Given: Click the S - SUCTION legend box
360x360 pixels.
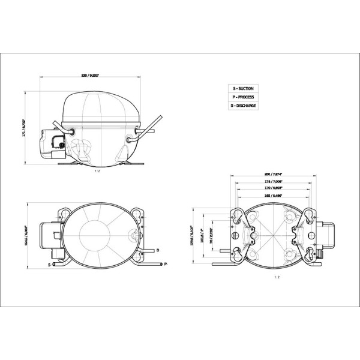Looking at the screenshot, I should [x=243, y=88].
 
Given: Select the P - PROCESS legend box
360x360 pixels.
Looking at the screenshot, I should [x=243, y=97].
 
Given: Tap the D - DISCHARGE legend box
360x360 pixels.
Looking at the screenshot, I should [x=243, y=105].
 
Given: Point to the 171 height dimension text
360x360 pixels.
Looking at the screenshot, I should [x=25, y=127].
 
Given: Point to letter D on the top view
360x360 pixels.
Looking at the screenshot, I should [x=157, y=249].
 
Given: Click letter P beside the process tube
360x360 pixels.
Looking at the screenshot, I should [x=165, y=264].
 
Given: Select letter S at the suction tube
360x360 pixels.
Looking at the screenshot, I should [x=48, y=264].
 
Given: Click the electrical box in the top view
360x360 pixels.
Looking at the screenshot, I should [x=49, y=235].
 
